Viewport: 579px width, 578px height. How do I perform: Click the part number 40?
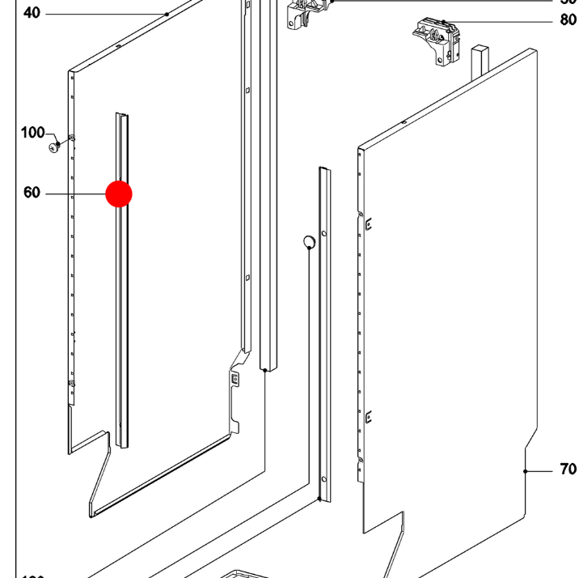pos(32,13)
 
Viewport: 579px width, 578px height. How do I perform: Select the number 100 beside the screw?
pos(32,133)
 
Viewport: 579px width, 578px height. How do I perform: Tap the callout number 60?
pos(32,193)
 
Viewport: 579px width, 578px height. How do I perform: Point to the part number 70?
pos(567,470)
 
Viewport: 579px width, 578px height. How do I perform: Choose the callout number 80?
pos(568,20)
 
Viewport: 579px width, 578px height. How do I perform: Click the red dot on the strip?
pos(119,194)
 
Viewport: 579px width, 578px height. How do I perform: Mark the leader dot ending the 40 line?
pos(167,14)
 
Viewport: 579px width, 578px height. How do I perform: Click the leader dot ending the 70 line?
pos(526,470)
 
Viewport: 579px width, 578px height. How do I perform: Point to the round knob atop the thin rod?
pos(308,241)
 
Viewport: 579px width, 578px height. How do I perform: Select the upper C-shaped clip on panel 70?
pos(368,224)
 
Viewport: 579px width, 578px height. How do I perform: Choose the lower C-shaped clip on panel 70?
pos(368,418)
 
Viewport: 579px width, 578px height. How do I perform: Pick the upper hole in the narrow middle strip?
pos(323,234)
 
